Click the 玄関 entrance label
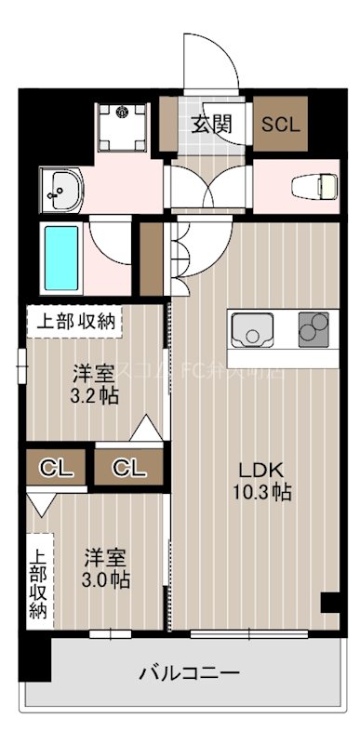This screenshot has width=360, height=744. tap(212, 125)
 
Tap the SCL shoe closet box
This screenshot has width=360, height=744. tap(280, 125)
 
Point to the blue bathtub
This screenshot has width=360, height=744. tap(61, 255)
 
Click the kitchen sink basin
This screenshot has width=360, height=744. tap(250, 331)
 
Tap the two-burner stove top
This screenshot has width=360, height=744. tap(314, 330)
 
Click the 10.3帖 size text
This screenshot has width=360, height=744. tap(262, 492)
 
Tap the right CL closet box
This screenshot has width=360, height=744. tap(130, 467)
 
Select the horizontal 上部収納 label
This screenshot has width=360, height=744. tap(76, 323)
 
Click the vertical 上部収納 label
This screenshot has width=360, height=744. tap(37, 581)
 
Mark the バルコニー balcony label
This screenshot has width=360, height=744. tap(191, 671)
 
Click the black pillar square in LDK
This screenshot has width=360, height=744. tap(328, 603)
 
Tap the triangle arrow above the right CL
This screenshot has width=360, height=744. tap(144, 431)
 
